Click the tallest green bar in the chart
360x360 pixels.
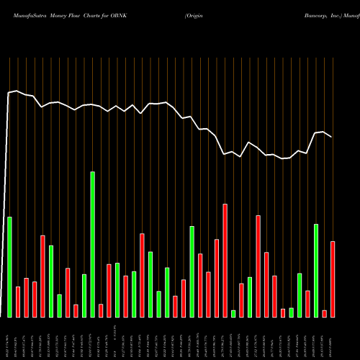click(x=92, y=245)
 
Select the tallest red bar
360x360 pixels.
click(x=225, y=261)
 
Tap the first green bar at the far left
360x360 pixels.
click(x=9, y=266)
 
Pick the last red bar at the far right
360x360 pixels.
click(x=333, y=279)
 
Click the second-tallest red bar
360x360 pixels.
click(x=258, y=266)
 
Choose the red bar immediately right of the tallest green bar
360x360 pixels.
click(x=101, y=310)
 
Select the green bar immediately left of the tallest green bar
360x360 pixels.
click(x=84, y=296)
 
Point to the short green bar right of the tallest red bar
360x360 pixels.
click(x=233, y=313)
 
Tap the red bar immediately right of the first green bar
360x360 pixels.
click(x=18, y=302)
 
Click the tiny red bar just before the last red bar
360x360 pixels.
click(x=325, y=313)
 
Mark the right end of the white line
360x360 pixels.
click(x=332, y=137)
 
